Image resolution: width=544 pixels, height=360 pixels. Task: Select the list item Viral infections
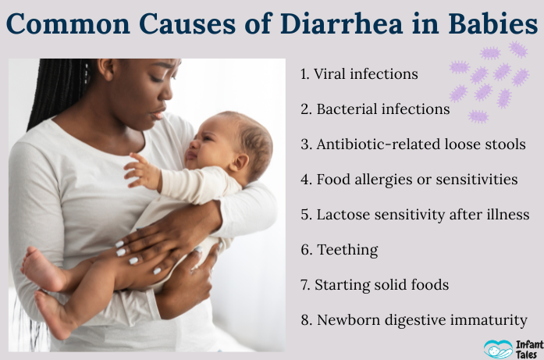click(359, 74)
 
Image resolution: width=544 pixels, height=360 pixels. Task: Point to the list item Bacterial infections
click(375, 109)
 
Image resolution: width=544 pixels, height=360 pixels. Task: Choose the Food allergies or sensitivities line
click(408, 180)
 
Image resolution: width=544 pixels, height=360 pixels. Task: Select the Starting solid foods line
click(374, 285)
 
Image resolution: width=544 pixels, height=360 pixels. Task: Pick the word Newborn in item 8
click(348, 320)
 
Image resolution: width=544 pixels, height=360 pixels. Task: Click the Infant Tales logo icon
click(498, 348)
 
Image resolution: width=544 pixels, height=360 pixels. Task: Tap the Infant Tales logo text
click(527, 347)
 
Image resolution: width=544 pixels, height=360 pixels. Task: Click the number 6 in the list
click(304, 250)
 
